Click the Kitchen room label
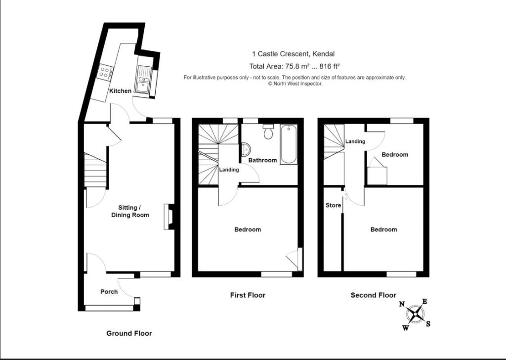pos(121,91)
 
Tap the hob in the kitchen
pos(105,73)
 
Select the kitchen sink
pos(144,80)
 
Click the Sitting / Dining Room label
pos(130,211)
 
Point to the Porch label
pos(109,291)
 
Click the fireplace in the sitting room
pos(168,217)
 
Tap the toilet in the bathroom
pos(269,132)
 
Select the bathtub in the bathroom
pos(289,144)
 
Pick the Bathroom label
pos(262,160)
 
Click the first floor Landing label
pos(229,170)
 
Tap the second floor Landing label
pos(355,141)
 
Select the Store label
pos(334,205)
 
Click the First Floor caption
pos(248,295)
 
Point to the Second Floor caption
pos(373,295)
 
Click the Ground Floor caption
pos(129,333)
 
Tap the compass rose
pos(416,314)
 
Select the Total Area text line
pos(295,66)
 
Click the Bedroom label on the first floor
pos(248,229)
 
